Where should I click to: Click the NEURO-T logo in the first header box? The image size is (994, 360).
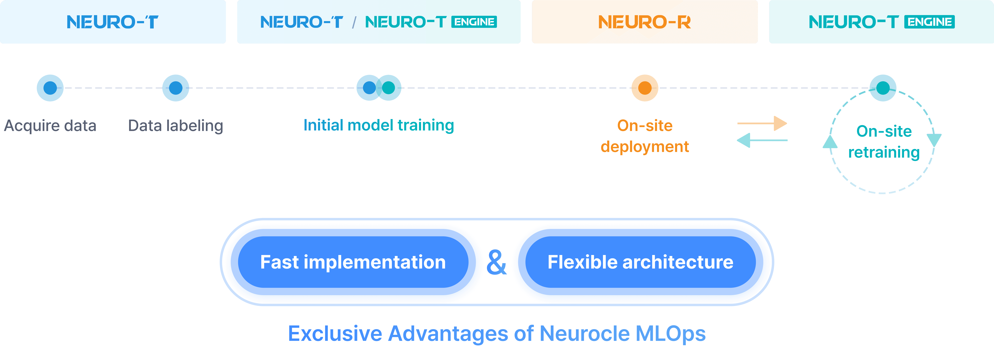pyautogui.click(x=112, y=22)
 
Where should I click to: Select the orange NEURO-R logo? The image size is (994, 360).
pyautogui.click(x=644, y=22)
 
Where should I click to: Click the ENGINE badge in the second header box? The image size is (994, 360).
pyautogui.click(x=474, y=22)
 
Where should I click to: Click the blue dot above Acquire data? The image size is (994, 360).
pyautogui.click(x=50, y=88)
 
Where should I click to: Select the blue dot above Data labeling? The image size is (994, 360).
pyautogui.click(x=176, y=88)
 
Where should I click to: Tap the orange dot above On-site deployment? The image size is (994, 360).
pyautogui.click(x=644, y=88)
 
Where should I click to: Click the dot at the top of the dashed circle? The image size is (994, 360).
pyautogui.click(x=883, y=88)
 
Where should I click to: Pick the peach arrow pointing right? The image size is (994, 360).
pyautogui.click(x=762, y=123)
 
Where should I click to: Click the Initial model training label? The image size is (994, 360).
pyautogui.click(x=379, y=125)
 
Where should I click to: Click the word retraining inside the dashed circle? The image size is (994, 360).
pyautogui.click(x=884, y=152)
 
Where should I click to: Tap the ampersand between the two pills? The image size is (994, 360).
pyautogui.click(x=497, y=262)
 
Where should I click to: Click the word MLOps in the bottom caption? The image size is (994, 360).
pyautogui.click(x=670, y=334)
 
